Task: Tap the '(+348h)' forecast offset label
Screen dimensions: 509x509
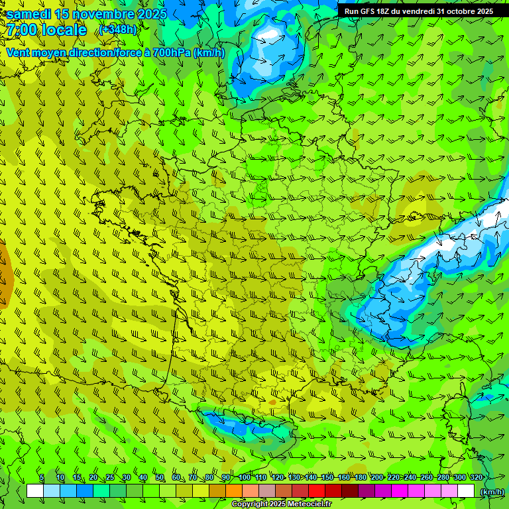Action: [x=118, y=30]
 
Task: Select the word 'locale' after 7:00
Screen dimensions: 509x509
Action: [x=64, y=30]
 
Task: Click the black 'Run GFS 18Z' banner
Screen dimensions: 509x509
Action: [x=418, y=11]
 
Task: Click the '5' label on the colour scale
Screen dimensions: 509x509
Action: [x=42, y=478]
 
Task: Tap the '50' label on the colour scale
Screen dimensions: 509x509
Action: [x=160, y=478]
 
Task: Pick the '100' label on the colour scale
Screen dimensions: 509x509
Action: [x=245, y=478]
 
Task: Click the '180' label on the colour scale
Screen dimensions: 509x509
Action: [x=361, y=478]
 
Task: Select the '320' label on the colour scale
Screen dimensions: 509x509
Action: [x=476, y=478]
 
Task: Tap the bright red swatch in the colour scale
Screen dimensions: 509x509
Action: [x=317, y=491]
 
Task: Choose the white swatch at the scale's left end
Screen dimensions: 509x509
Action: [x=35, y=491]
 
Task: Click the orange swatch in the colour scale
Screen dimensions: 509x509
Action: [x=234, y=491]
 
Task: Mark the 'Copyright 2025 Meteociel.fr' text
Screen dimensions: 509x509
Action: [x=281, y=504]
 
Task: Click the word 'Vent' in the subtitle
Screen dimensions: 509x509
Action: [x=19, y=52]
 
